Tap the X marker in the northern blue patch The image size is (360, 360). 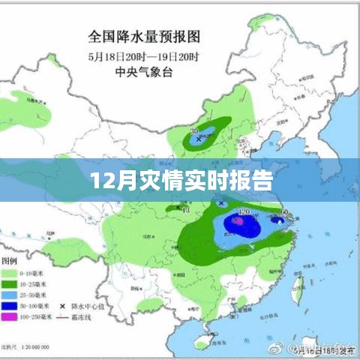[x=199, y=139]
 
